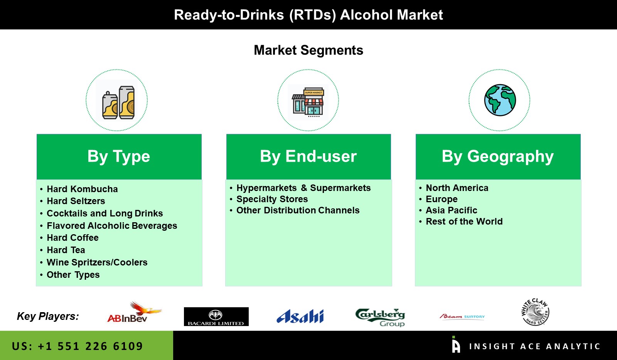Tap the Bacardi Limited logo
point(216,316)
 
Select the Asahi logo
point(300,316)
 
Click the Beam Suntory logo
point(462,316)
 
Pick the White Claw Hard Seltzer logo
point(535,312)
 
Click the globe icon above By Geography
point(500,100)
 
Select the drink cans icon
point(118,102)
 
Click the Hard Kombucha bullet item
point(82,189)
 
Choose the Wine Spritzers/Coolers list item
point(97,262)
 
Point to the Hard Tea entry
point(66,250)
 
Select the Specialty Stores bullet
point(272,199)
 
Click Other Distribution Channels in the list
point(298,210)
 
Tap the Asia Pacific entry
point(451,210)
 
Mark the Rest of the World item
point(464,221)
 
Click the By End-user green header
point(308,157)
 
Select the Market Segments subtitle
point(308,50)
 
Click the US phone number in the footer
point(78,346)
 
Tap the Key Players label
point(48,316)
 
